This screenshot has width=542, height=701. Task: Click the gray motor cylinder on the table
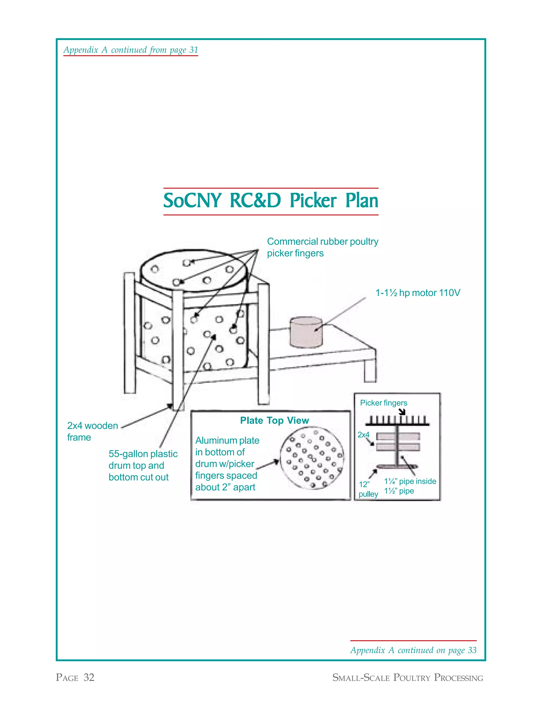point(306,333)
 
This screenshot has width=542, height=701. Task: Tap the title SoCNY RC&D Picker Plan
point(271,201)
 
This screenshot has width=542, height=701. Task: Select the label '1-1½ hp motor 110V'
point(417,293)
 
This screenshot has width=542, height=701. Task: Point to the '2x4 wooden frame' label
point(92,431)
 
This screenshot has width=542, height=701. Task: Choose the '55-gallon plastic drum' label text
point(143,465)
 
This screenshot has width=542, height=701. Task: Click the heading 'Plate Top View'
point(274,421)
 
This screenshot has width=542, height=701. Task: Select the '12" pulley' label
point(368,489)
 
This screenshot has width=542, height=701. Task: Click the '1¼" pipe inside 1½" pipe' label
point(410,486)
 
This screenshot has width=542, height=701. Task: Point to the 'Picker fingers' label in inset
point(383,403)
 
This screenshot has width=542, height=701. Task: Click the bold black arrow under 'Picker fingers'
point(402,412)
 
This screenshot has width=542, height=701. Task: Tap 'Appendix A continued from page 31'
point(131,50)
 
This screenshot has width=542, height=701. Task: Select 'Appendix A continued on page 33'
point(413,650)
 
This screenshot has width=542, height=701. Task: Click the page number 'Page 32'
point(75,677)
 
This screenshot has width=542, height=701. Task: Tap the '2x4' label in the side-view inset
point(363,435)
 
